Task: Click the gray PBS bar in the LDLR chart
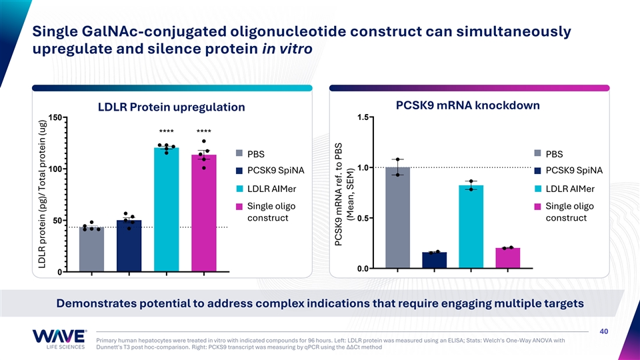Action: (91, 249)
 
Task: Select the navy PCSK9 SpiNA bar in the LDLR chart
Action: (129, 246)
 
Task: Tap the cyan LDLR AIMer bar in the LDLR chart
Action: (166, 210)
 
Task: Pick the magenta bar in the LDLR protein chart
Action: (203, 213)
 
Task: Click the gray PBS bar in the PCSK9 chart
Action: (397, 217)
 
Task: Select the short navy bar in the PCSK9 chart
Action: (434, 260)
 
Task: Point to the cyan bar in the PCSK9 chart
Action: (471, 227)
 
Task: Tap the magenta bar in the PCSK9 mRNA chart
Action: (507, 258)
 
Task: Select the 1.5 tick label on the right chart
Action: (363, 118)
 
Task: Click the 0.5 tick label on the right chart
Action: (363, 218)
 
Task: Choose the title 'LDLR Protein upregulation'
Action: (171, 107)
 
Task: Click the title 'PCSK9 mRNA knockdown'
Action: (467, 105)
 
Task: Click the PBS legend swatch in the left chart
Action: (238, 154)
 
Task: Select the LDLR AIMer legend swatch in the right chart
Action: (537, 189)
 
